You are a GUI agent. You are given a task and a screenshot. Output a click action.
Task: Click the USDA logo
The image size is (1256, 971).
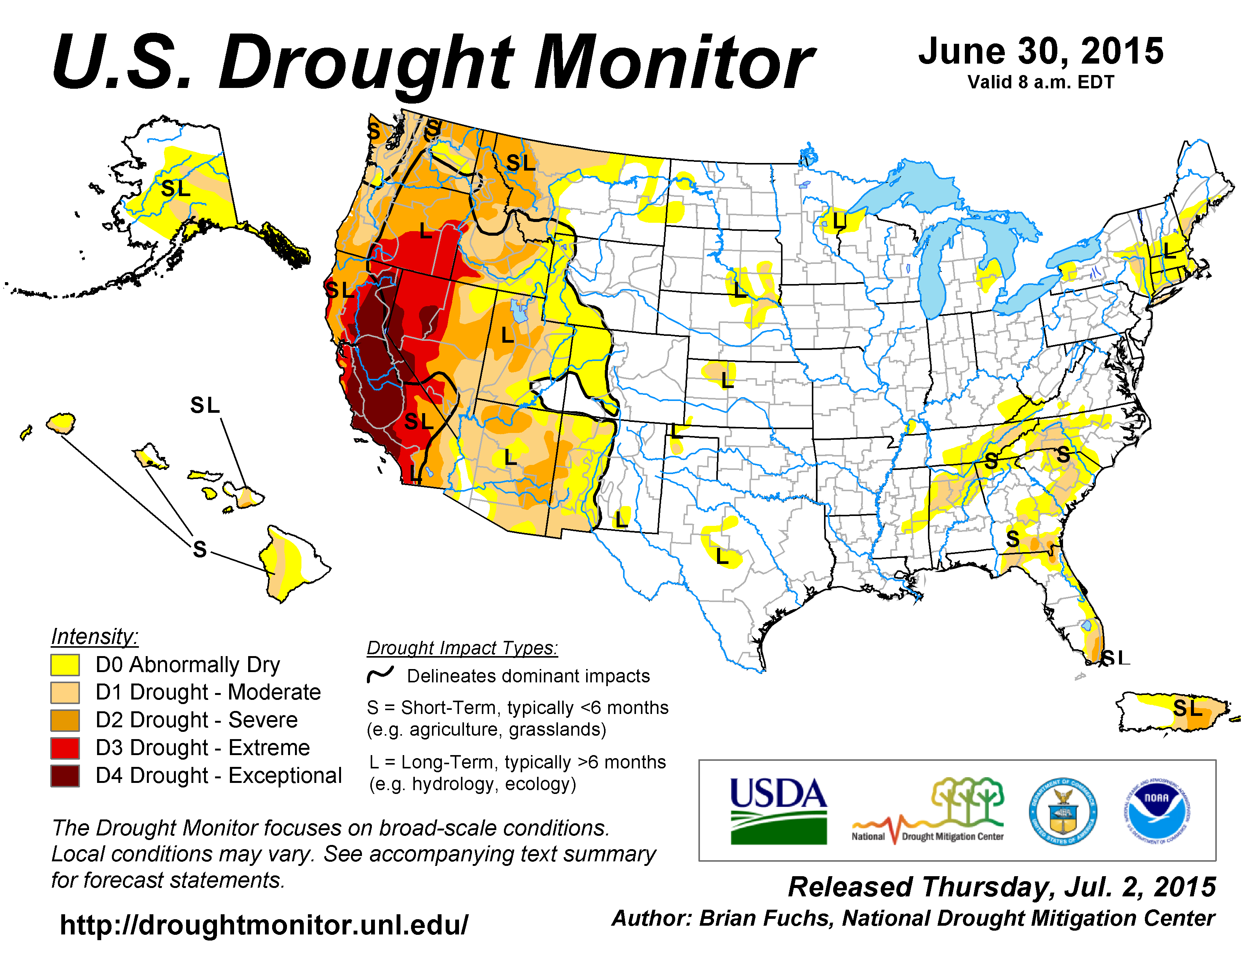click(778, 810)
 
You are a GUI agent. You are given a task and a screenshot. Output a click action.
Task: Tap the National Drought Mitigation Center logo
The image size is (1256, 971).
click(928, 811)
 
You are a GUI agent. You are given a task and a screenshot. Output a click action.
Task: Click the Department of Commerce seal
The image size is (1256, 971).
click(1062, 811)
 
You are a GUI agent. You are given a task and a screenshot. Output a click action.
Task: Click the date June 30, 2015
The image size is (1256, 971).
click(1041, 52)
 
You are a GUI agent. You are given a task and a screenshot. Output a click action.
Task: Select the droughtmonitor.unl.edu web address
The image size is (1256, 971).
click(264, 925)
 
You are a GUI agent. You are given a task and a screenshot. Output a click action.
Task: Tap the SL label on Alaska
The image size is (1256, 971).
click(175, 188)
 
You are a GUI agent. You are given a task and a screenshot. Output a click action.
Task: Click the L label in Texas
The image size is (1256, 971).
click(722, 556)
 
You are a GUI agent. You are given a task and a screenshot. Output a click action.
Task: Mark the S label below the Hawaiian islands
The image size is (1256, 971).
click(199, 549)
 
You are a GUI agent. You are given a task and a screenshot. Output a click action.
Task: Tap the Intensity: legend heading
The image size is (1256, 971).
click(94, 636)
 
